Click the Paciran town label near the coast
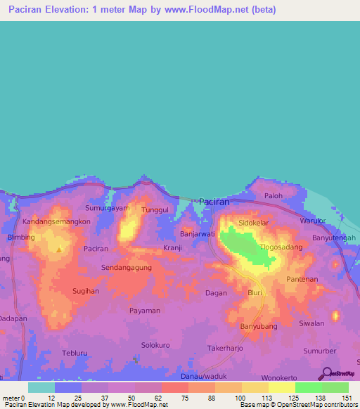tap(214, 202)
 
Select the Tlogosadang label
tap(281, 247)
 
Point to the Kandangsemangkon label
tap(56, 221)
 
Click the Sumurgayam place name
tap(108, 209)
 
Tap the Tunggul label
tap(155, 210)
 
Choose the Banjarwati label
tap(197, 233)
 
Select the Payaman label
tap(145, 310)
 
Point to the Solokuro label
tap(156, 345)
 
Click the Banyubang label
tap(259, 326)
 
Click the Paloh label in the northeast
tap(273, 196)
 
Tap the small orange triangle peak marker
tap(59, 249)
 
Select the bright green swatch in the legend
tap(308, 387)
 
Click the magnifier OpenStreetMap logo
tap(326, 374)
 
